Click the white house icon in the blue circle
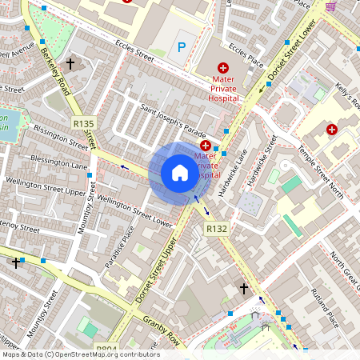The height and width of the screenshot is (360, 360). (x=180, y=172)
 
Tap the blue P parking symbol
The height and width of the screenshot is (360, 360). (x=182, y=48)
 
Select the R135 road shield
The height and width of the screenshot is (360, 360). (x=83, y=123)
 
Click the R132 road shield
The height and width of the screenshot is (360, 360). (x=217, y=229)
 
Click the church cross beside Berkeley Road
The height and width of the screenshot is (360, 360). (x=70, y=63)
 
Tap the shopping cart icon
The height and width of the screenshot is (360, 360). (x=330, y=6)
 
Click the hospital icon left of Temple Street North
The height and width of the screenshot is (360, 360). (x=331, y=129)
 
